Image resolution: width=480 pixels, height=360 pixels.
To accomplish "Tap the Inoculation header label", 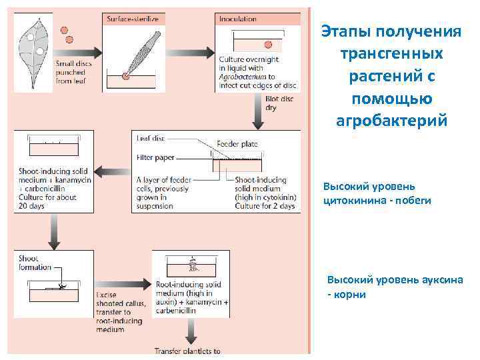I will tap(238, 19).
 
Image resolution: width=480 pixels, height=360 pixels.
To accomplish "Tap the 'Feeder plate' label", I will tap(238, 143).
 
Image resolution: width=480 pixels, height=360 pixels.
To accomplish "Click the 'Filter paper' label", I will tap(156, 159).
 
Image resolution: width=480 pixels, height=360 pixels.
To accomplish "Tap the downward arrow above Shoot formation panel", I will tap(51, 231).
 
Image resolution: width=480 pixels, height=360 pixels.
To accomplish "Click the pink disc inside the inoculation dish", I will tap(269, 45).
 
